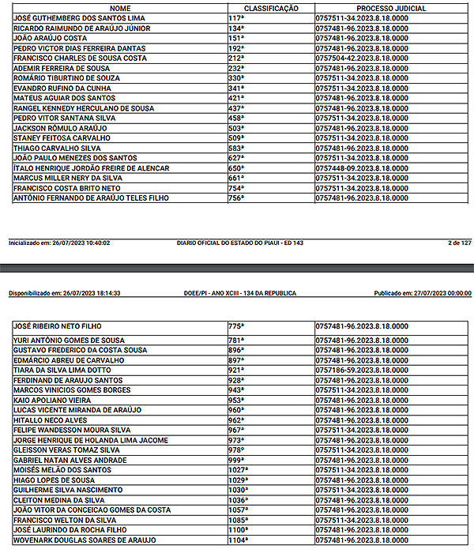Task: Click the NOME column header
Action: tap(120, 7)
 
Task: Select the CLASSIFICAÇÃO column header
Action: tap(271, 7)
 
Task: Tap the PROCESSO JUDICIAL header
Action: tap(392, 7)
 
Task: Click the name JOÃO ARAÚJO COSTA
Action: tap(50, 37)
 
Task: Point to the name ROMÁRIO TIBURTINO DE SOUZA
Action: tap(66, 77)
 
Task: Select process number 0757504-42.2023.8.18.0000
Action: tap(361, 58)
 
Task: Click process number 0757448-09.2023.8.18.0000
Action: tap(361, 168)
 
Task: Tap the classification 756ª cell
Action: tap(236, 198)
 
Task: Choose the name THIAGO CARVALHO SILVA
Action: tap(57, 148)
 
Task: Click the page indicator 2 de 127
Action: tap(459, 243)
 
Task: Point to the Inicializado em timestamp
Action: tap(59, 243)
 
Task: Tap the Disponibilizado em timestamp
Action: tap(64, 292)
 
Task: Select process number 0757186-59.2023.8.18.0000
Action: tap(361, 370)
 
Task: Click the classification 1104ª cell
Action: tap(239, 540)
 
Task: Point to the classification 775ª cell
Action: tap(236, 325)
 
